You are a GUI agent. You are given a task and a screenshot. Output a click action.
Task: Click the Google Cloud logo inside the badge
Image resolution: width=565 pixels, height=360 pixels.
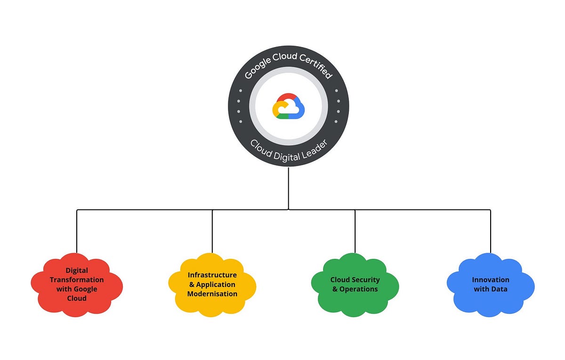click(x=288, y=107)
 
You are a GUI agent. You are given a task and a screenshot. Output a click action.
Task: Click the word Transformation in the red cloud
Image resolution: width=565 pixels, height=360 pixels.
click(x=77, y=280)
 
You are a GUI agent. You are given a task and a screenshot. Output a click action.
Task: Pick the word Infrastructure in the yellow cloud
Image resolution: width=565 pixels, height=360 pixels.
click(x=212, y=275)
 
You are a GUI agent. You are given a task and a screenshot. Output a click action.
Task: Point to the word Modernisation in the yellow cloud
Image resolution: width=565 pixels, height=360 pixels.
click(x=212, y=294)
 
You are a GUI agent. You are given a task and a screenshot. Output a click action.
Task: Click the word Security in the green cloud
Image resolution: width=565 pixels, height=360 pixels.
click(x=367, y=280)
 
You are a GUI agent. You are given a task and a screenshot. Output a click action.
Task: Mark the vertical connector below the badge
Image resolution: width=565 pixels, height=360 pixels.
click(x=288, y=188)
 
